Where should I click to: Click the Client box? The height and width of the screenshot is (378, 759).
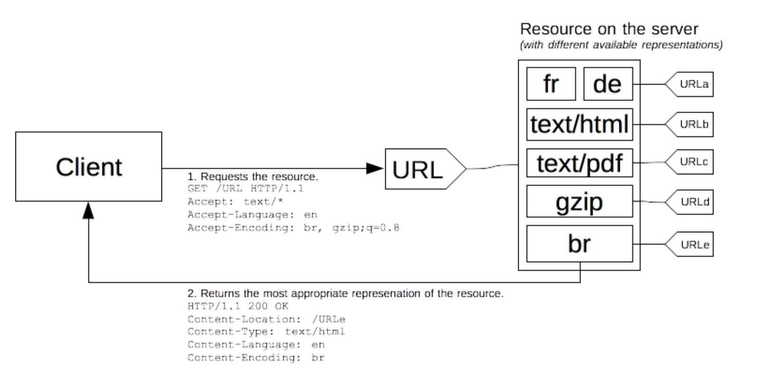(88, 167)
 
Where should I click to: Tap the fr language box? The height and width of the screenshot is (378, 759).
(550, 84)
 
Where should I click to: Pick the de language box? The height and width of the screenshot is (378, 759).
(607, 84)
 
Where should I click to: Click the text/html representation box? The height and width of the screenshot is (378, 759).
(579, 124)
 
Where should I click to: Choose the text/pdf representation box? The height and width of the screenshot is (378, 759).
(579, 163)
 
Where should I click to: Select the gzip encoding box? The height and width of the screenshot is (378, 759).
(579, 202)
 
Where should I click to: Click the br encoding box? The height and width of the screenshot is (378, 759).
(579, 244)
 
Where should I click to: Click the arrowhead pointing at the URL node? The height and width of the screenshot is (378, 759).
(375, 168)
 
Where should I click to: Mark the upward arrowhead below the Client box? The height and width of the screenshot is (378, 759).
(88, 211)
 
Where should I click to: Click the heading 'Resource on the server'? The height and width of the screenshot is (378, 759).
(609, 29)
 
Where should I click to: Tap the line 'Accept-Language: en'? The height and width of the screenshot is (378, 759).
(252, 215)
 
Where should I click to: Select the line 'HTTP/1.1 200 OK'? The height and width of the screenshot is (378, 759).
(237, 306)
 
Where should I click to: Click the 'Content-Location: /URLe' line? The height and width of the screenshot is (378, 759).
(266, 319)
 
